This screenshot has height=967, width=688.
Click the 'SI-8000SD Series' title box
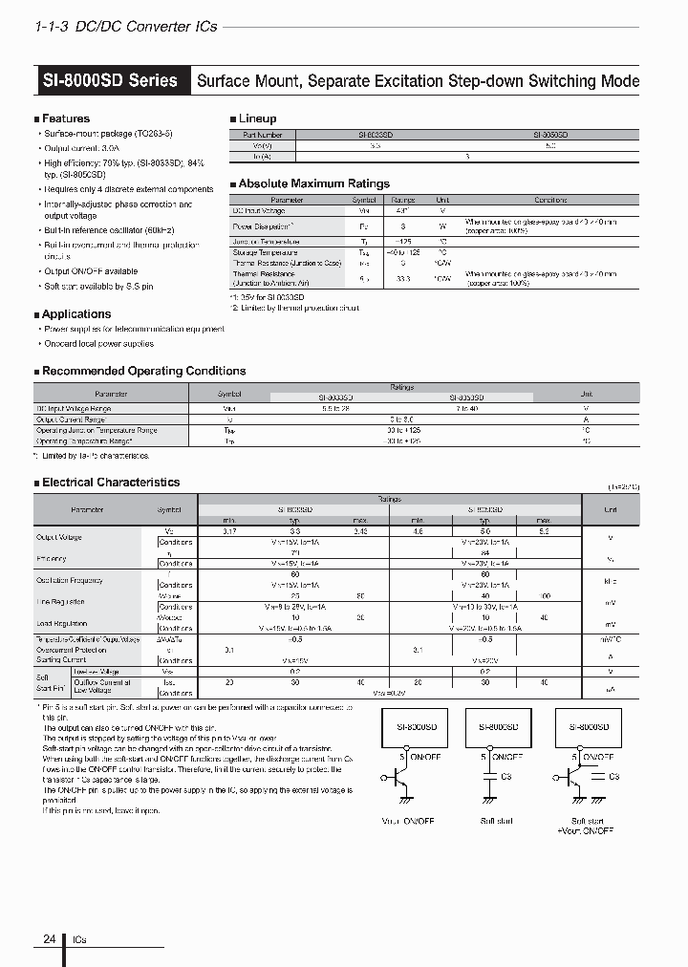(111, 80)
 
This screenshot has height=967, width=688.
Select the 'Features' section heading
(66, 118)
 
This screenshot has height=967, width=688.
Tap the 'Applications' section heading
(76, 313)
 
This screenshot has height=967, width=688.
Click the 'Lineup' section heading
(257, 118)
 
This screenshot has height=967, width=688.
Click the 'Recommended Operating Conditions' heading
(143, 371)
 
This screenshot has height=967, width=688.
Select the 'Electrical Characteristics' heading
(111, 483)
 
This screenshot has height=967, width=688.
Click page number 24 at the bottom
(50, 940)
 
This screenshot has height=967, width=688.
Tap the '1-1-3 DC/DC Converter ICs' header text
(125, 26)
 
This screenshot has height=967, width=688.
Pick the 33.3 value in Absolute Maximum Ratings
(402, 279)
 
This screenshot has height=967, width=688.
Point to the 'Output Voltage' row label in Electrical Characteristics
(59, 537)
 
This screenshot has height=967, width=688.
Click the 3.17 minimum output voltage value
(228, 530)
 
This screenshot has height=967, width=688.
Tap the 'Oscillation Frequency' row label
(69, 580)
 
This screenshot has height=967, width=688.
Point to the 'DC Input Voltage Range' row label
(75, 408)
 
